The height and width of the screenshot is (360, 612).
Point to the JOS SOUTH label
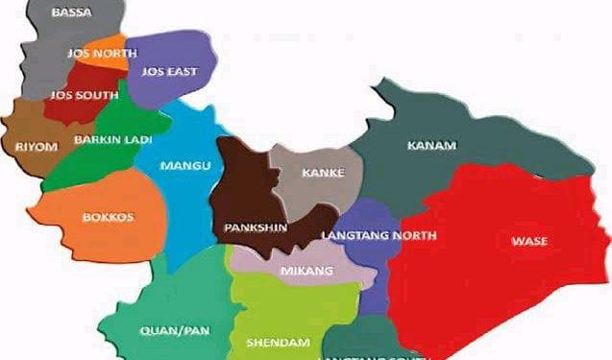pos(78,95)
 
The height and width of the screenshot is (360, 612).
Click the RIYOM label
pos(37,146)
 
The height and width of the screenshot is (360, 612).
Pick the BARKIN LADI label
pos(107,140)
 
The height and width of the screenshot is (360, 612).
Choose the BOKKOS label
pos(108,217)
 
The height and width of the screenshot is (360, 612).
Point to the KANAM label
pos(431,146)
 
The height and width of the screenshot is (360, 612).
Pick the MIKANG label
pos(306,271)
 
